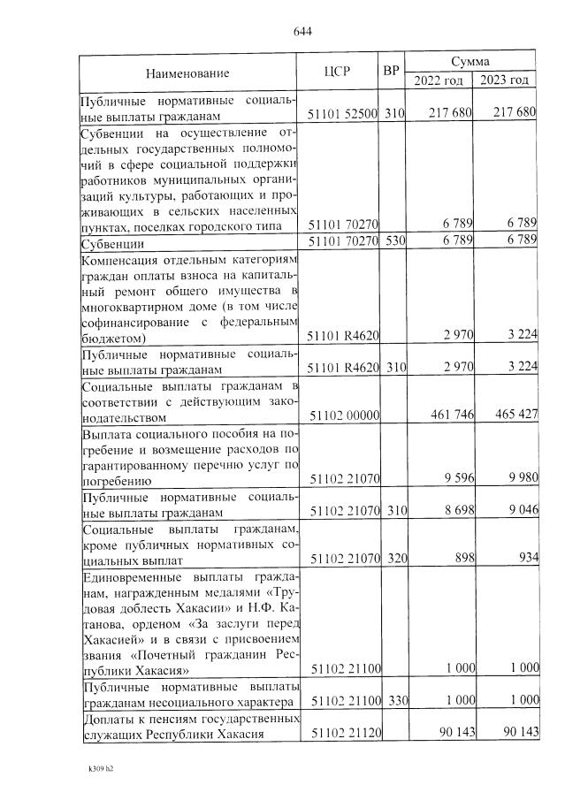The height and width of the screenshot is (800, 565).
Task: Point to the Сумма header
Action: (470, 63)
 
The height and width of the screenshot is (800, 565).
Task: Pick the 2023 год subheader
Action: (505, 80)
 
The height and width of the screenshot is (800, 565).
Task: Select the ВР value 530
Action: (393, 241)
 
